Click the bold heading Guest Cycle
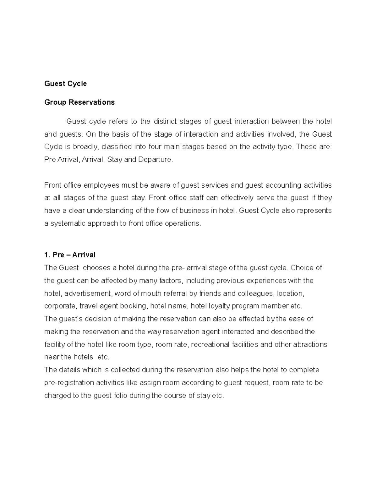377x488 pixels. (x=65, y=84)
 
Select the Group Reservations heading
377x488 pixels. (x=79, y=102)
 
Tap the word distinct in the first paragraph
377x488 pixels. (x=165, y=122)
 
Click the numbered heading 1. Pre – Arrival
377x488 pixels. (x=70, y=255)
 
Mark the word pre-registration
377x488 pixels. (x=69, y=383)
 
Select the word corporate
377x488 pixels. (x=60, y=306)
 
